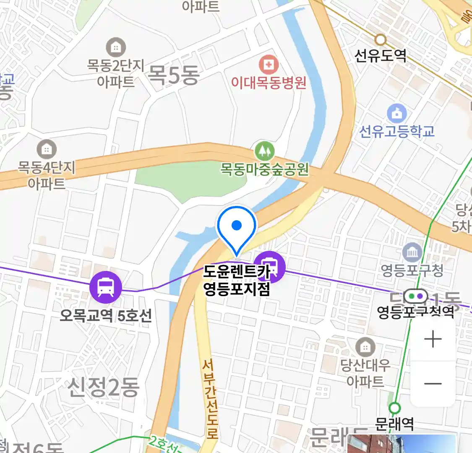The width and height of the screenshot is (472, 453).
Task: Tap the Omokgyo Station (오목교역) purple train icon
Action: (x=106, y=287)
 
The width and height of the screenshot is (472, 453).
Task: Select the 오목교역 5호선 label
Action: (x=106, y=315)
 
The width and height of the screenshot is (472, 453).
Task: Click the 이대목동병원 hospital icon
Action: (x=269, y=65)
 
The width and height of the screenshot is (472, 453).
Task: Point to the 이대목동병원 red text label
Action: (x=269, y=83)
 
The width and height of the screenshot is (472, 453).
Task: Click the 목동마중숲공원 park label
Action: (x=265, y=169)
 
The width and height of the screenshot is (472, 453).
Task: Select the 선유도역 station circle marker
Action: (x=381, y=40)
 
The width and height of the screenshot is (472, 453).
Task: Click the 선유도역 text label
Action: (x=381, y=55)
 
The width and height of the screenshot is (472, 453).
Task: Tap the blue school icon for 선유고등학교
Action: (x=397, y=113)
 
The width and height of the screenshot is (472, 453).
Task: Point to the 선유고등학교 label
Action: (x=397, y=131)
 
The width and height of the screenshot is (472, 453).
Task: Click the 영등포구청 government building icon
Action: (x=412, y=253)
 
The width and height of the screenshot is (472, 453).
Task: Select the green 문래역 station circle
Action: (x=394, y=408)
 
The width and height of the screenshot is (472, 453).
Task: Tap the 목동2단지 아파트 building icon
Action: (x=116, y=47)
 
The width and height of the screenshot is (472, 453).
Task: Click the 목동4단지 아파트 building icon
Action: (x=47, y=149)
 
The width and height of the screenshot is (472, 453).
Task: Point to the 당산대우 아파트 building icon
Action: (x=365, y=347)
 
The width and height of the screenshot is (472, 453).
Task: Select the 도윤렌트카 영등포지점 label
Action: (x=237, y=281)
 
